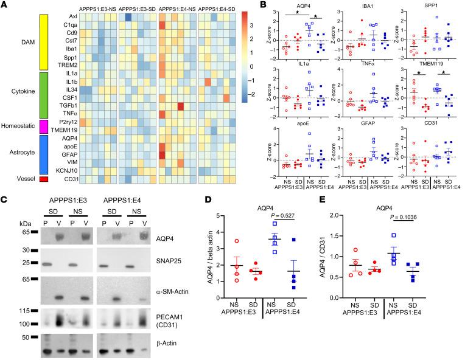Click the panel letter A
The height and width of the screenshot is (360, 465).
(x=4, y=5)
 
